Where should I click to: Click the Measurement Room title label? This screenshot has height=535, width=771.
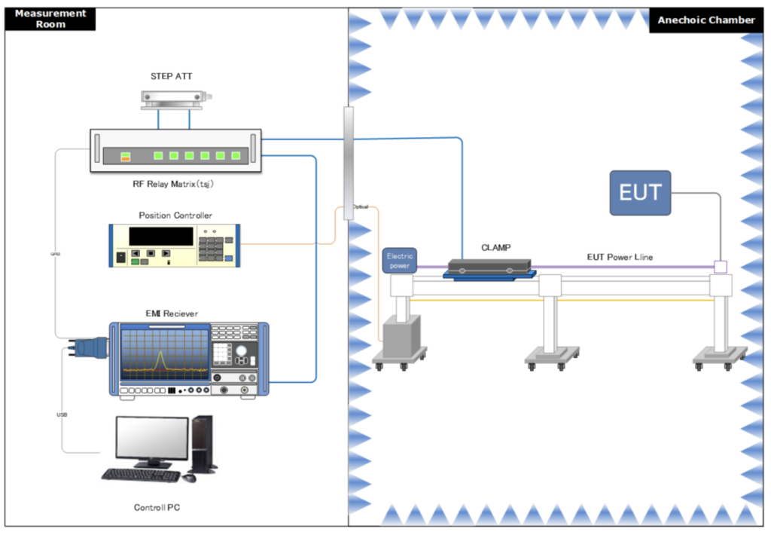point(50,19)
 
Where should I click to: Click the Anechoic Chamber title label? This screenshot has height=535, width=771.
point(705,20)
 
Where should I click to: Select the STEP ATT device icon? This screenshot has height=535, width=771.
point(175,97)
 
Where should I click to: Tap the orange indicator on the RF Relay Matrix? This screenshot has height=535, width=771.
point(126,157)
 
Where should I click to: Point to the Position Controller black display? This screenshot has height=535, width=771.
point(160,236)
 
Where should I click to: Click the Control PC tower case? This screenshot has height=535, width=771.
point(203,445)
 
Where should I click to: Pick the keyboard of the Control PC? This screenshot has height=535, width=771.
point(141,475)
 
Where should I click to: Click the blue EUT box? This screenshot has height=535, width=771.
point(639,193)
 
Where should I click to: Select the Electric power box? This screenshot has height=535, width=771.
point(400,261)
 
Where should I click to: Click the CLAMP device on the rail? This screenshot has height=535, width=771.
point(490,267)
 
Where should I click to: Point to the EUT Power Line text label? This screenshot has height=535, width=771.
point(620,257)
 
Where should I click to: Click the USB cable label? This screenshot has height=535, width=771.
point(62,415)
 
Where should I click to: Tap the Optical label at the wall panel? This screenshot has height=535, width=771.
point(360,206)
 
